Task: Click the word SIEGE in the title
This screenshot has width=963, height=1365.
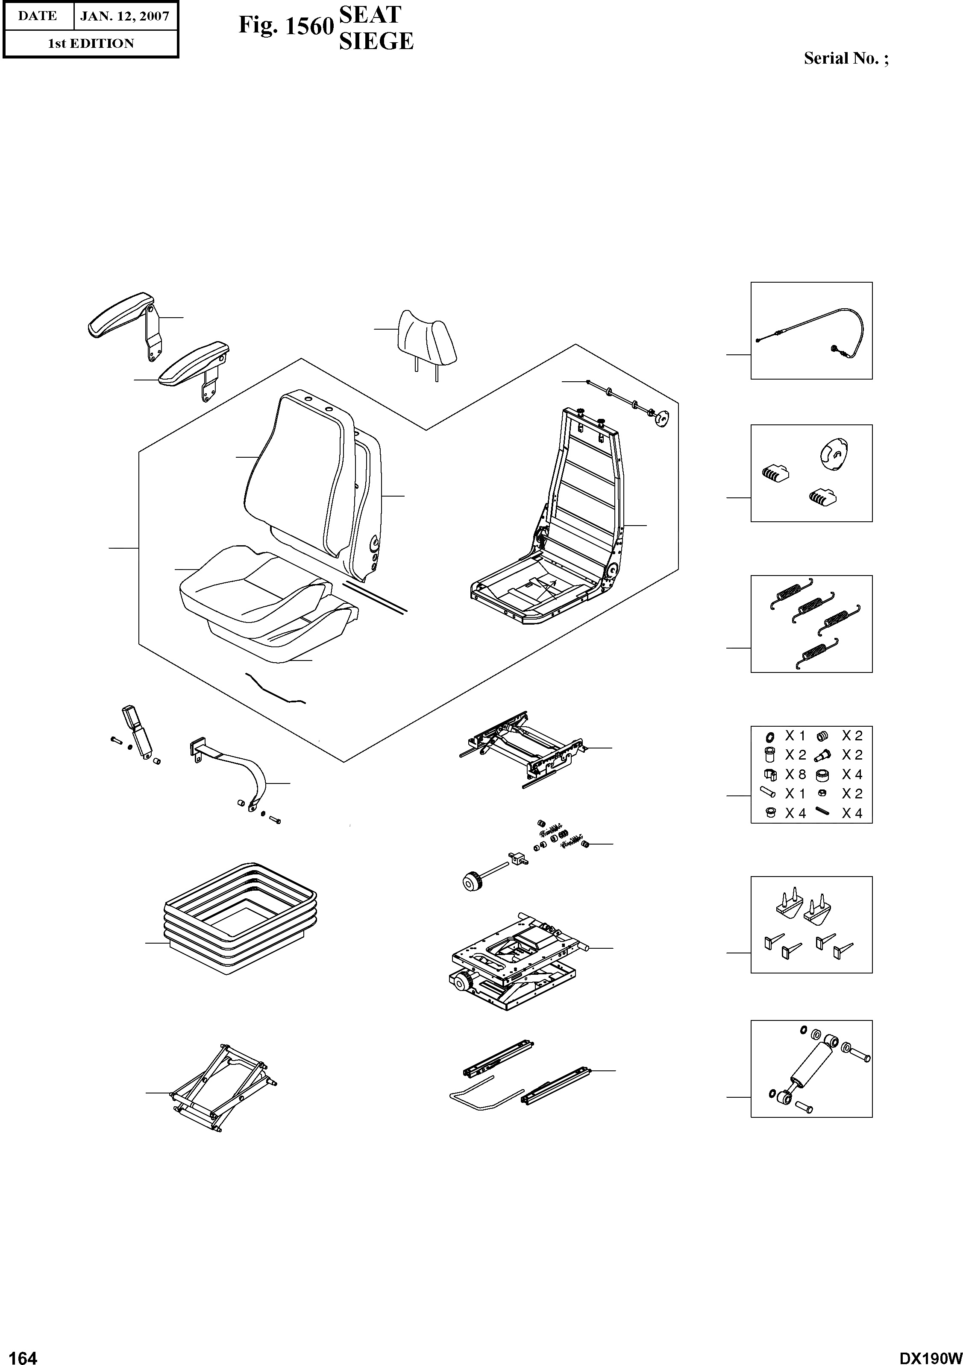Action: coord(376,41)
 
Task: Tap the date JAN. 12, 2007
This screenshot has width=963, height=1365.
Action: coord(124,16)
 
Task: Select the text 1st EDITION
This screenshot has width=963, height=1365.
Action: coord(91,44)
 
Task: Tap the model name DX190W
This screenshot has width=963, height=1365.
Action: coord(930,1354)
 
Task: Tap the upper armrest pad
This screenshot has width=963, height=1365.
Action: coord(122,312)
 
